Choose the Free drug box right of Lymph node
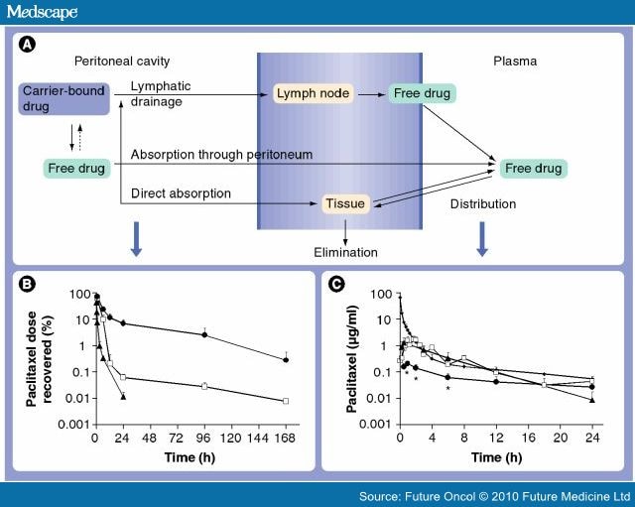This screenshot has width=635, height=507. pyautogui.click(x=422, y=94)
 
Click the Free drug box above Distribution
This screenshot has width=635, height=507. pyautogui.click(x=533, y=169)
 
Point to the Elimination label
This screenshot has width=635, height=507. pyautogui.click(x=345, y=252)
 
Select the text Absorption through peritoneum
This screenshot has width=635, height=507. pyautogui.click(x=221, y=155)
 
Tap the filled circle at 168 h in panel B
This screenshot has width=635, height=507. pyautogui.click(x=286, y=360)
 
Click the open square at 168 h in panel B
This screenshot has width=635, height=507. pyautogui.click(x=286, y=401)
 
